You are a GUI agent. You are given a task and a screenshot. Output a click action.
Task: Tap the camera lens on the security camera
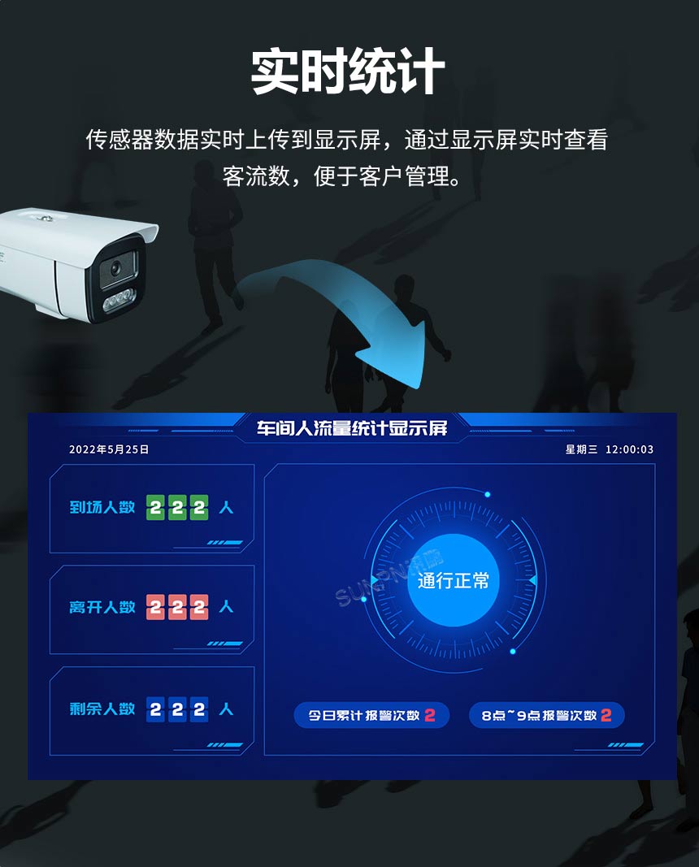115,268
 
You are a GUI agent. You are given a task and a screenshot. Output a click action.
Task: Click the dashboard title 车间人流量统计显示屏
352,427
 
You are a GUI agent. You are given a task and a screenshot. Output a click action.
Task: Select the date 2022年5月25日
109,449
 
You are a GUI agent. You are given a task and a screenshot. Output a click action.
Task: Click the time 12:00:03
629,449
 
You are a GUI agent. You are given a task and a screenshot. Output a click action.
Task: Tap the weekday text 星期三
581,449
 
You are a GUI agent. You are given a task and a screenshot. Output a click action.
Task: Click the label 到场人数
102,508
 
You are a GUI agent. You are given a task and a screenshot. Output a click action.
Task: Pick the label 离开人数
102,607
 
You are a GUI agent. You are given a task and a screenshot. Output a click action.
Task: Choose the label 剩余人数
102,709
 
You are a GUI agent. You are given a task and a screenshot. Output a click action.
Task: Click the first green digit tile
156,508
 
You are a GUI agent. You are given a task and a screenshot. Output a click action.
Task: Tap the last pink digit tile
199,607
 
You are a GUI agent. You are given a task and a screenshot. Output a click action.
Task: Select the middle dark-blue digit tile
177,709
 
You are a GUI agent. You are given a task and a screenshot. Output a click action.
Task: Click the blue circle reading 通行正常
453,580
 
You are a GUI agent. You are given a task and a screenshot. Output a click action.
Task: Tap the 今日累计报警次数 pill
371,716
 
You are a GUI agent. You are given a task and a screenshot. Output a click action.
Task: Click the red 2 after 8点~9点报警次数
606,716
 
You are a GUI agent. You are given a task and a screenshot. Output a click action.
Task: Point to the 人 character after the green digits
226,508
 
